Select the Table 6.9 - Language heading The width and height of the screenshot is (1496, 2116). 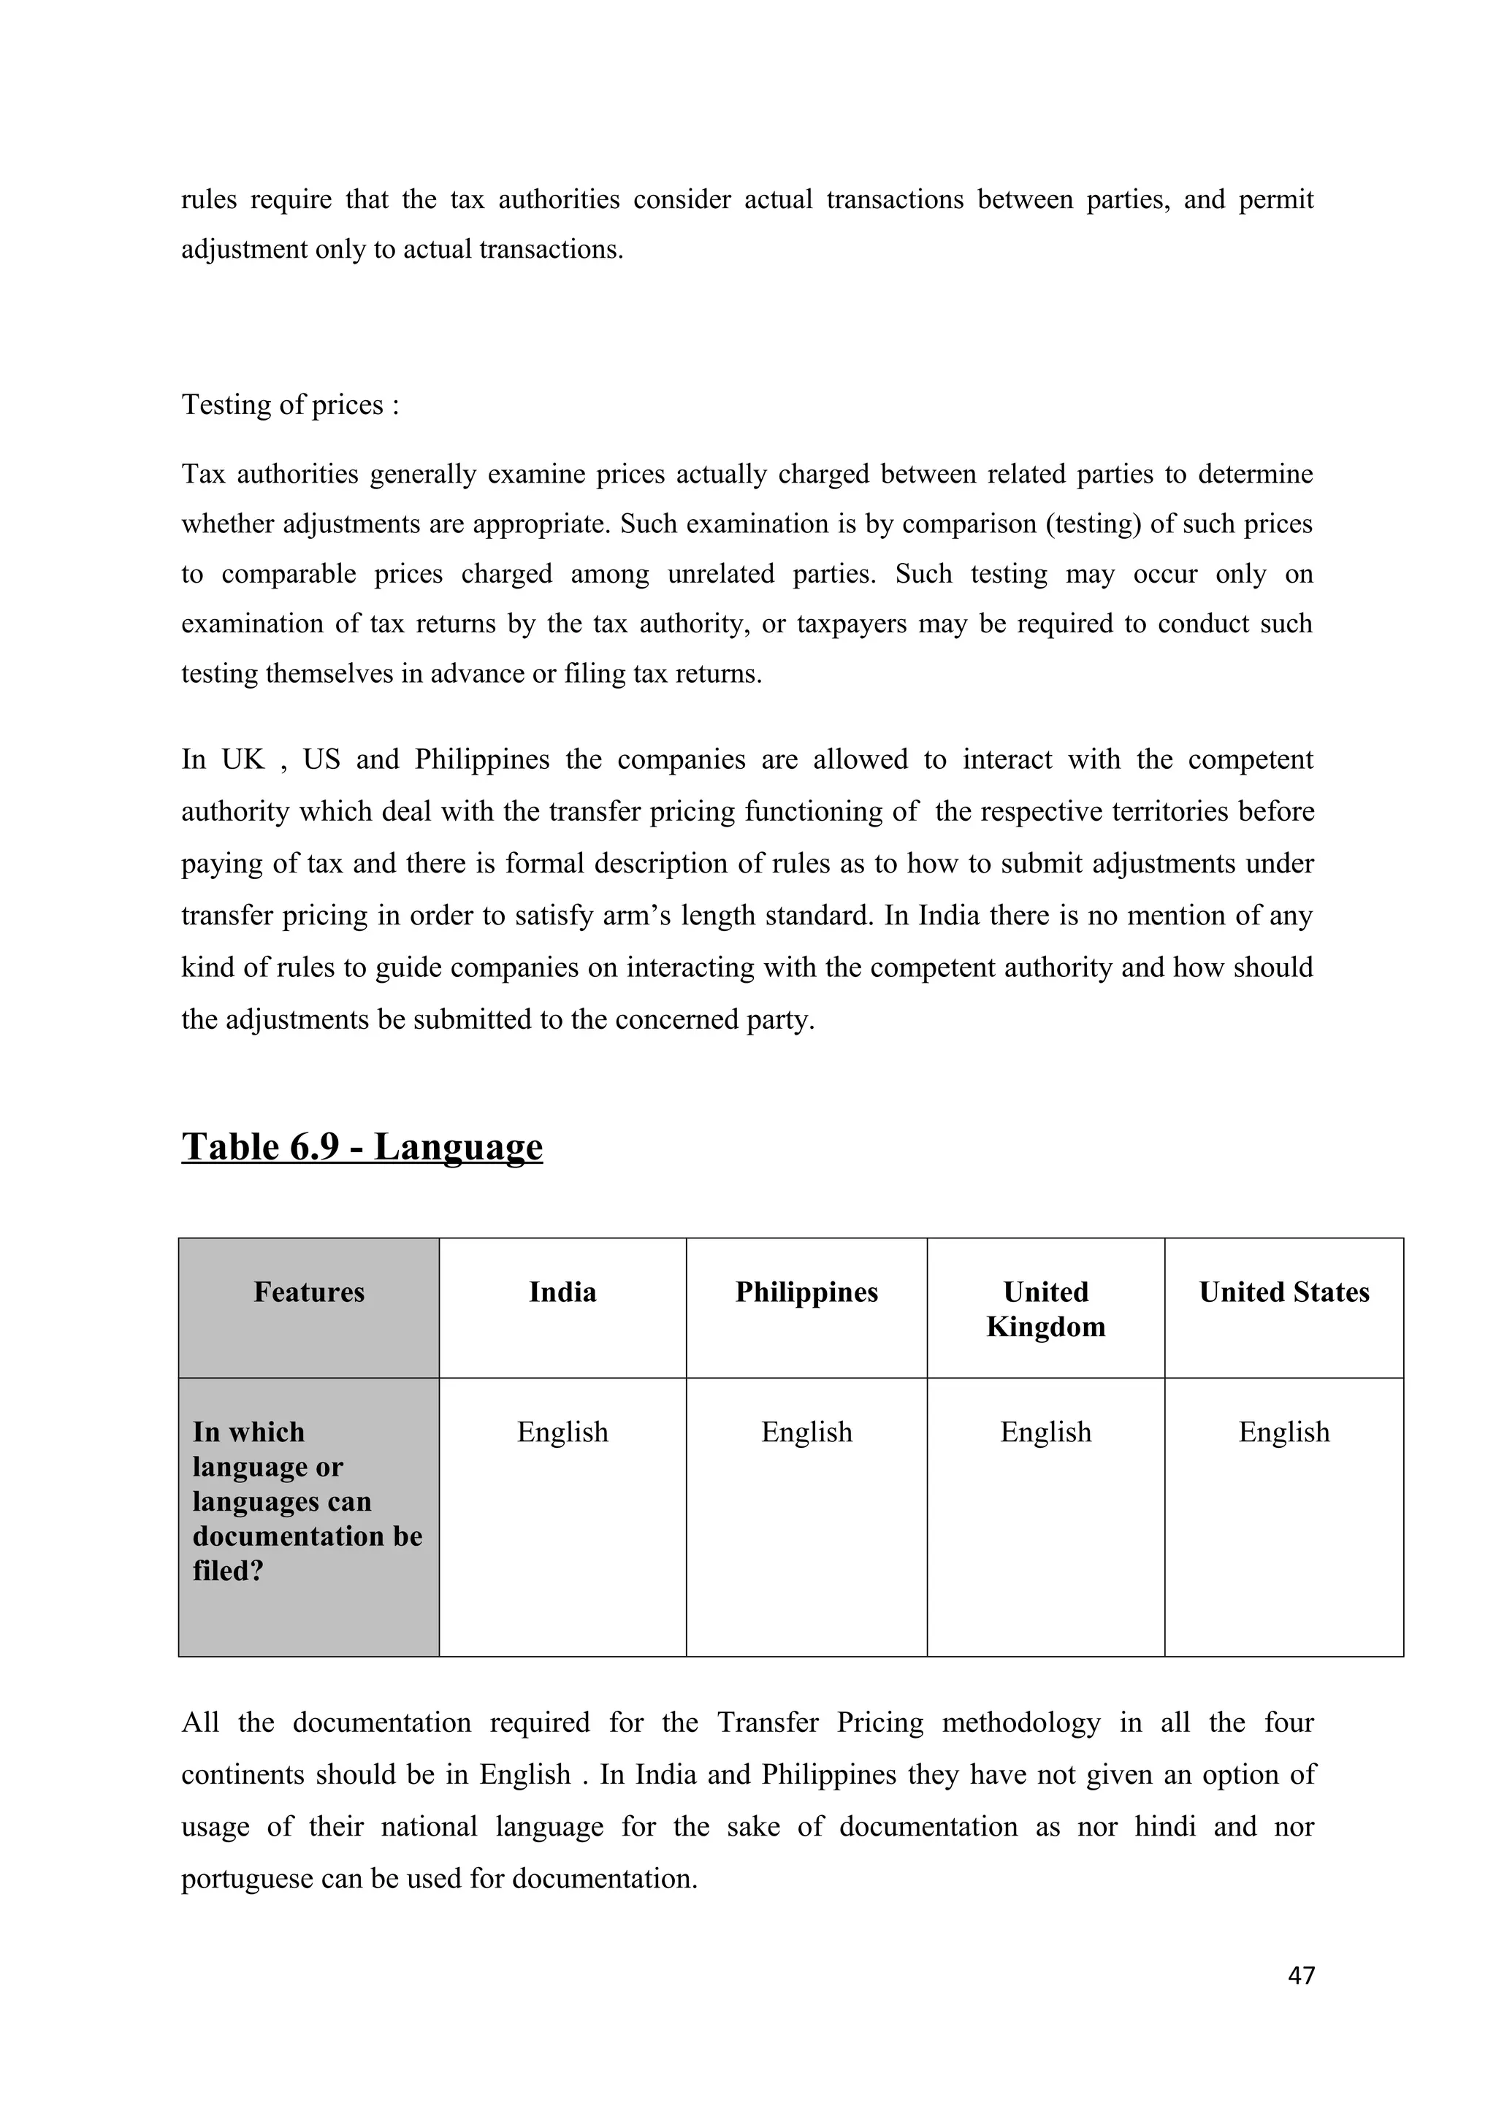(362, 1146)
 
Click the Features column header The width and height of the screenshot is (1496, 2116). (309, 1292)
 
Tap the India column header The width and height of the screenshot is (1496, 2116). (562, 1292)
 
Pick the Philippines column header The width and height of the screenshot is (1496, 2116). (806, 1292)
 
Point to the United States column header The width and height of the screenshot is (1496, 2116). (1283, 1292)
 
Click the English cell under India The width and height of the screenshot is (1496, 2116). (562, 1432)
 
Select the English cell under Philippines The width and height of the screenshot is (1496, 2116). (806, 1432)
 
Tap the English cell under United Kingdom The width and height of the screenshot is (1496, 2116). (1045, 1432)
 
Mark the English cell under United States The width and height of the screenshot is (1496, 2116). (1283, 1432)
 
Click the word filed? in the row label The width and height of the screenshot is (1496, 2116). (228, 1571)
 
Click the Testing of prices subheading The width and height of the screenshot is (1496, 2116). (290, 405)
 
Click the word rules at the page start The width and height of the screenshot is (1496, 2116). (208, 200)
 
